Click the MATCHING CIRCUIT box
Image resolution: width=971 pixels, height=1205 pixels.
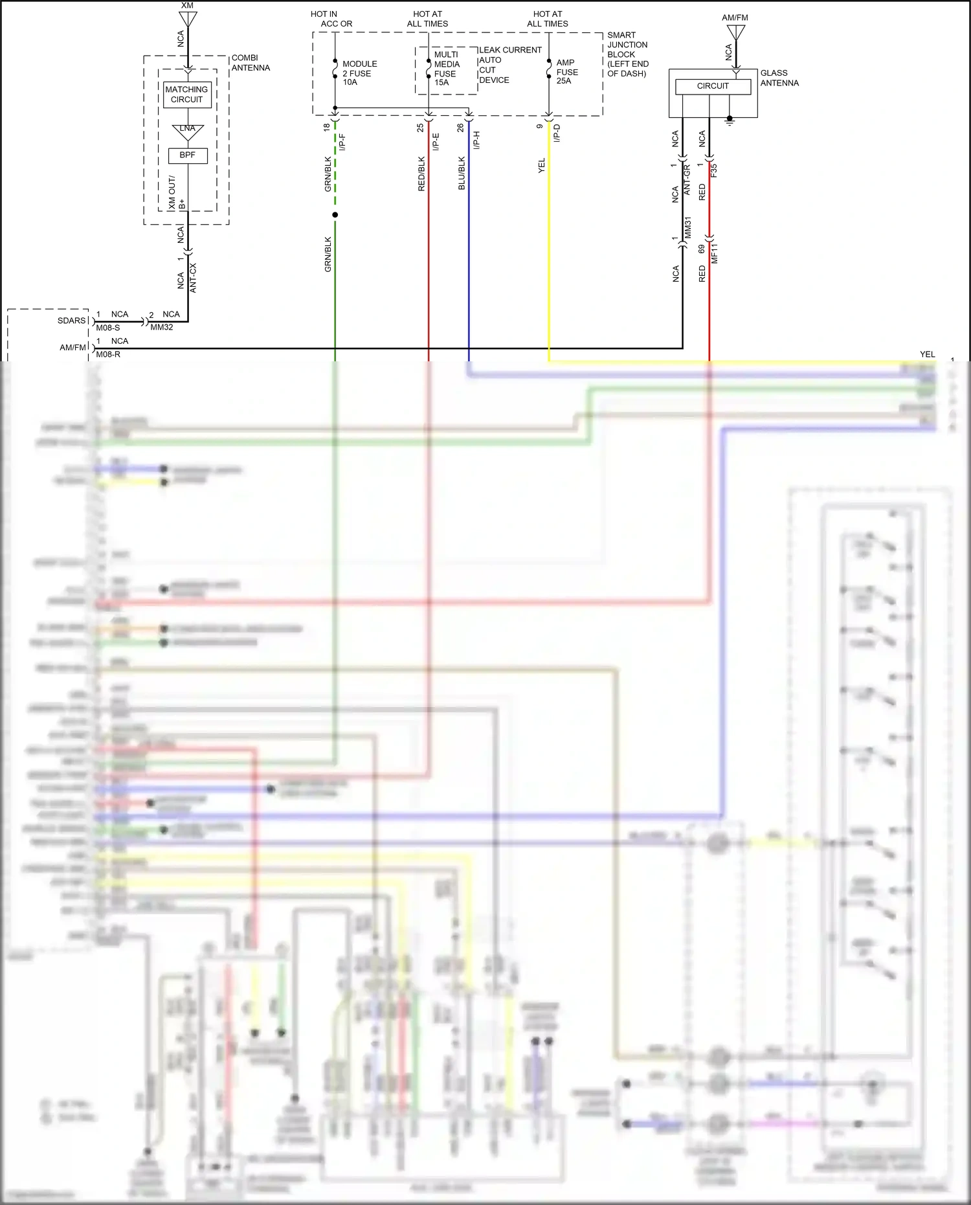point(186,95)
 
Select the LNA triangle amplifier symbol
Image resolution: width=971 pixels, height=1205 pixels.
point(188,131)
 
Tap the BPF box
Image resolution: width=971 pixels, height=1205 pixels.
point(188,155)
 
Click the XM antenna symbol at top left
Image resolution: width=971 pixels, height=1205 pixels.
point(188,17)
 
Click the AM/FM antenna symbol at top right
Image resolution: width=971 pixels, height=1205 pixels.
point(735,31)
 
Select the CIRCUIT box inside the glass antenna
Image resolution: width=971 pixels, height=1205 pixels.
point(713,86)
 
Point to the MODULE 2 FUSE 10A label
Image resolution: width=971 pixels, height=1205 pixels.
point(359,73)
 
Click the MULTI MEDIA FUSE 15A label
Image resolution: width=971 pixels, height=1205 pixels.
point(446,69)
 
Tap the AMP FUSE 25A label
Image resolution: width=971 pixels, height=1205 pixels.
point(566,72)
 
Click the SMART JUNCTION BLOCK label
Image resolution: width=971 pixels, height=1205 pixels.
point(627,54)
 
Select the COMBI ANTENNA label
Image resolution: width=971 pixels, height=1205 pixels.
point(251,63)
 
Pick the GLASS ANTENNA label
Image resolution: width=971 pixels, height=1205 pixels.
point(779,78)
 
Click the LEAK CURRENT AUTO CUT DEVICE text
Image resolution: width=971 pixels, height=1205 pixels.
point(509,65)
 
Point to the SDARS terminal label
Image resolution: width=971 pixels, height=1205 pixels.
point(71,321)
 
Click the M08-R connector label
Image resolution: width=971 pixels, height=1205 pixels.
point(108,354)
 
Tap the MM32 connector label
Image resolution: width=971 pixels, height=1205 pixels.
point(161,328)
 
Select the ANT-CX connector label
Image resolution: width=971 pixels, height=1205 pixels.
point(193,278)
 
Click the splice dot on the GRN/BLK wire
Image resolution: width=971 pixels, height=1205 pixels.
point(335,215)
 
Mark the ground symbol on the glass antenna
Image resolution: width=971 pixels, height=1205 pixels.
point(730,120)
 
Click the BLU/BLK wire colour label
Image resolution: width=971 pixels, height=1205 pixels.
point(462,173)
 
